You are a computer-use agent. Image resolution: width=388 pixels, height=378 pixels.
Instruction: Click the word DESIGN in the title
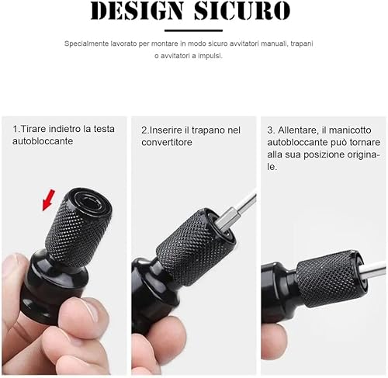(137, 11)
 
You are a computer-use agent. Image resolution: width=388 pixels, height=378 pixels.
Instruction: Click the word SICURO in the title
(242, 11)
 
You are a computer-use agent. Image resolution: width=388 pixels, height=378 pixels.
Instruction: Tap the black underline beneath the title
(193, 30)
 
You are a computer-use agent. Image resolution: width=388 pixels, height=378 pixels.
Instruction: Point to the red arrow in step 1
(49, 199)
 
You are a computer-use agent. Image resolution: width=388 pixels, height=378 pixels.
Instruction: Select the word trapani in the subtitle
(302, 43)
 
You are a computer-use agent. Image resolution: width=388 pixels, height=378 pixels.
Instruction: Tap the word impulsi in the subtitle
(210, 56)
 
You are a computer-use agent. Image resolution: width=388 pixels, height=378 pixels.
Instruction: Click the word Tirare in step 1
(33, 129)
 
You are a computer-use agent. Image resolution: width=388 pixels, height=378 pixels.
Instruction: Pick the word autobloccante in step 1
(43, 141)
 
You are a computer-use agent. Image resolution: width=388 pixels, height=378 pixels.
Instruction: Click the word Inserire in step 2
(165, 130)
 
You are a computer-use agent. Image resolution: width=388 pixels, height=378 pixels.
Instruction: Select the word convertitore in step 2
(167, 143)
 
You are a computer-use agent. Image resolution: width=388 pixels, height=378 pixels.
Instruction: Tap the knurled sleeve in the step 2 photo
(195, 247)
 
